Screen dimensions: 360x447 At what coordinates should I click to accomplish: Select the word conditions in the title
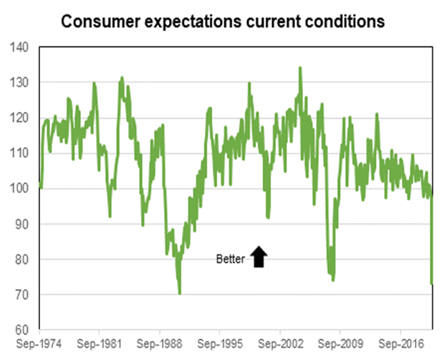[345, 22]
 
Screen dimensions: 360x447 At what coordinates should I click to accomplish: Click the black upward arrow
[259, 257]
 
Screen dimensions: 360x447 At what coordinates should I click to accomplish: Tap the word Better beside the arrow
[231, 259]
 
